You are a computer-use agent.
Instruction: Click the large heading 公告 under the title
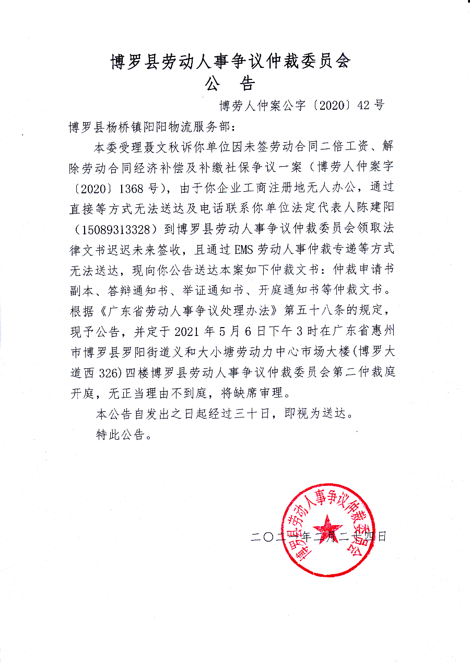tap(230, 84)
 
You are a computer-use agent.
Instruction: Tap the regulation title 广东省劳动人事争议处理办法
tap(190, 311)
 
